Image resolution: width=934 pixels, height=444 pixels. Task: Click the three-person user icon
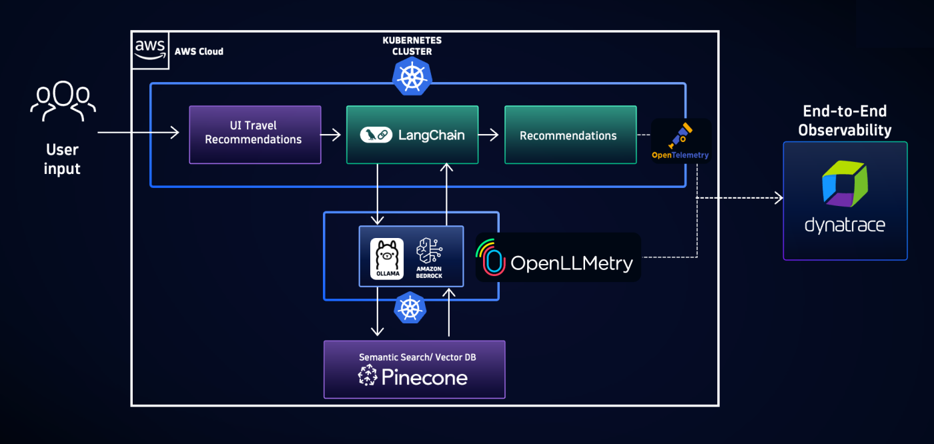coord(63,101)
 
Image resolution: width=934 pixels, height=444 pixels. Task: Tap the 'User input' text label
coord(62,159)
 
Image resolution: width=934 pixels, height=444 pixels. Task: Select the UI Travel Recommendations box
coord(255,134)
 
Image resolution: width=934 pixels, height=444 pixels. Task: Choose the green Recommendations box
coord(570,135)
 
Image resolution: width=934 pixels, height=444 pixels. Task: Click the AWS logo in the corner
coord(150,50)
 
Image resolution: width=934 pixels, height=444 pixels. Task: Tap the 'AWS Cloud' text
coord(199,51)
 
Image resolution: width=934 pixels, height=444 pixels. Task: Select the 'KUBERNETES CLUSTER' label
coord(412,46)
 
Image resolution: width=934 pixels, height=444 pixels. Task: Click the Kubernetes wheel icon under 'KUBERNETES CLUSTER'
coord(412,76)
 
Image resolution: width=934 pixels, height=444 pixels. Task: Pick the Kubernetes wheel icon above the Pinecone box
coord(410,308)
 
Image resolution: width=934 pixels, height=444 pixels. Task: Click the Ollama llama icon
coord(387,259)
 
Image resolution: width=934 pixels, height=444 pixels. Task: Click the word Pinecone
coord(424,377)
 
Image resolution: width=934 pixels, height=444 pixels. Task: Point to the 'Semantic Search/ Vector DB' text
coord(418,357)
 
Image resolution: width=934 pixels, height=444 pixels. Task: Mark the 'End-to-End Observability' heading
coord(845,121)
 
